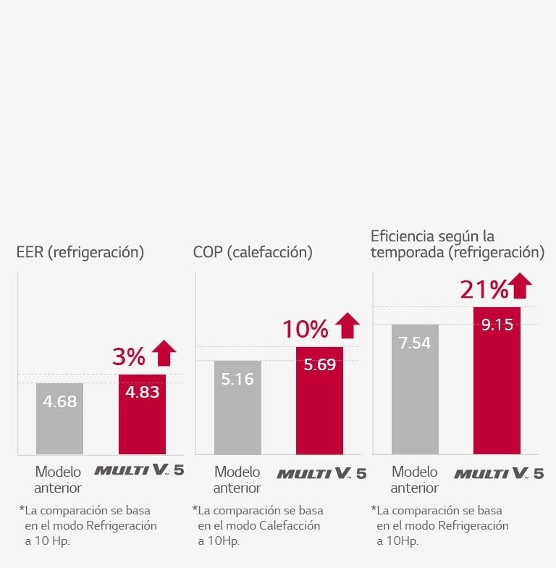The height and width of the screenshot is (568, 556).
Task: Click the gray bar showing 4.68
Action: point(60,418)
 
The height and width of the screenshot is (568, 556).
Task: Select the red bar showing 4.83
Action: point(142,414)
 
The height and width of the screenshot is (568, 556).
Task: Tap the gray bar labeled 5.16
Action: point(237,407)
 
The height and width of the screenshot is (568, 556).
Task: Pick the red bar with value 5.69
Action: point(319,401)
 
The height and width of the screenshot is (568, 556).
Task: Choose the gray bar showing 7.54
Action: point(415,389)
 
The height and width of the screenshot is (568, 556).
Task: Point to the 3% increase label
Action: point(129,356)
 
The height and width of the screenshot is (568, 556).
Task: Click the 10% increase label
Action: point(305,330)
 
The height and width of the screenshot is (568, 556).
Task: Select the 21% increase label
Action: point(484,290)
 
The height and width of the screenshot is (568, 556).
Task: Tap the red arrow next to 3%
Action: point(164,353)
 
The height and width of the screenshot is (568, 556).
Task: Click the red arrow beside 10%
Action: point(347,326)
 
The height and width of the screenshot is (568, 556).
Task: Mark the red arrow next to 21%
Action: point(519,286)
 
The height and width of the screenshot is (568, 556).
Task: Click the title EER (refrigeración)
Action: point(80,252)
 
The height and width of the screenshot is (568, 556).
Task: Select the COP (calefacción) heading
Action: point(253,252)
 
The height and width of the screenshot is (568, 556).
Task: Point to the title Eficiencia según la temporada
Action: point(457,244)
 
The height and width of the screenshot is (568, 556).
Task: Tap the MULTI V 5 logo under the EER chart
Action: point(139,470)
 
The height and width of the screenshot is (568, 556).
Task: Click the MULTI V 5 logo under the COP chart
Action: point(321,474)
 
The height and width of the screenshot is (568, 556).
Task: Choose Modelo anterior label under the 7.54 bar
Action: point(415,480)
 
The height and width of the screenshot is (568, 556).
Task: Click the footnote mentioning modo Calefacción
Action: point(258,525)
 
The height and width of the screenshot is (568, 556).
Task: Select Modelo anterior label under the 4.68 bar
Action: point(58,480)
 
